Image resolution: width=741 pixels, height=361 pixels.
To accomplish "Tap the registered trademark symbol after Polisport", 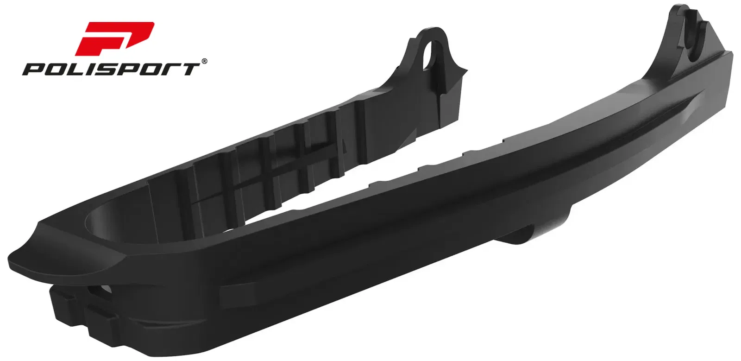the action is click(204, 61).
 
